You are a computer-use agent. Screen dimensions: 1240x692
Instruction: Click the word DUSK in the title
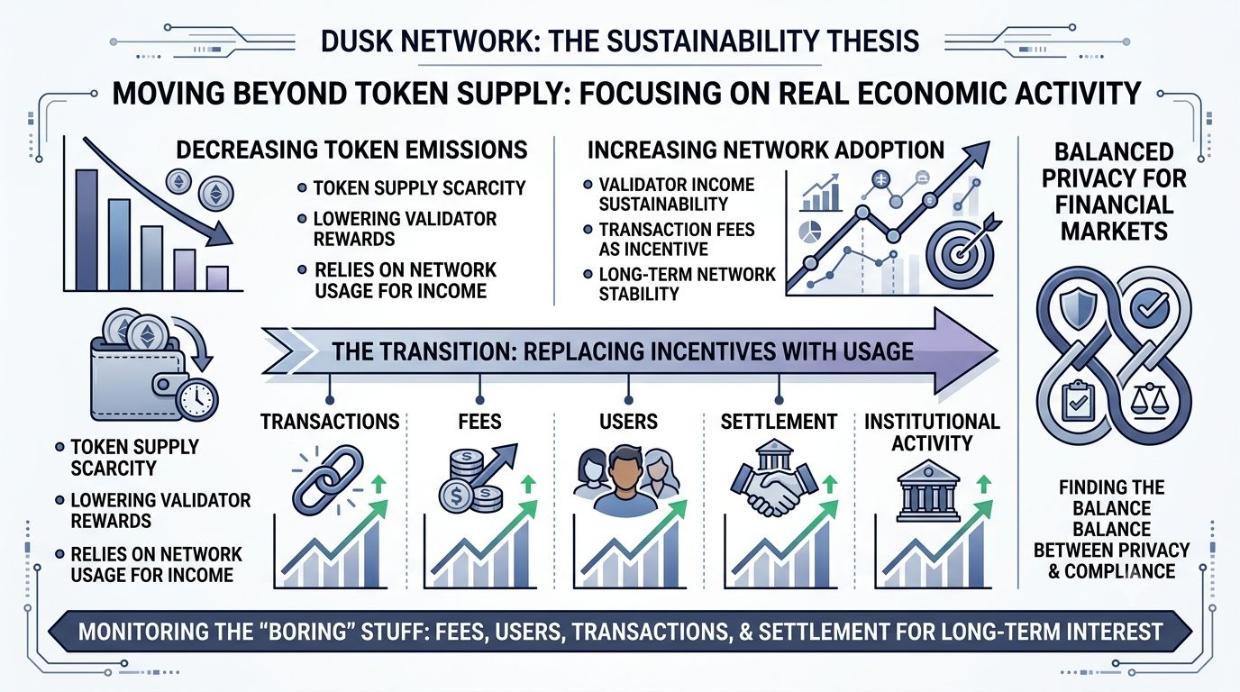[x=355, y=41]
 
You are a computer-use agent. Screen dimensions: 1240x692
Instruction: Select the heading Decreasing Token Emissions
[x=352, y=150]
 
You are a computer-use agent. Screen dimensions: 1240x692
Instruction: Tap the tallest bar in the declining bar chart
[x=87, y=230]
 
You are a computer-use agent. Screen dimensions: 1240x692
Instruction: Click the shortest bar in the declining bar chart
[x=217, y=278]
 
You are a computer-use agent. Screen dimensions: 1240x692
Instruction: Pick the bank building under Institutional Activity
[x=928, y=496]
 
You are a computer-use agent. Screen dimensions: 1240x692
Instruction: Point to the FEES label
[x=479, y=422]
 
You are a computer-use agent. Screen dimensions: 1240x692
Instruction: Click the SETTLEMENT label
[x=779, y=422]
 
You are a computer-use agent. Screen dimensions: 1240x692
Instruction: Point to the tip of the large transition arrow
[x=998, y=351]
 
